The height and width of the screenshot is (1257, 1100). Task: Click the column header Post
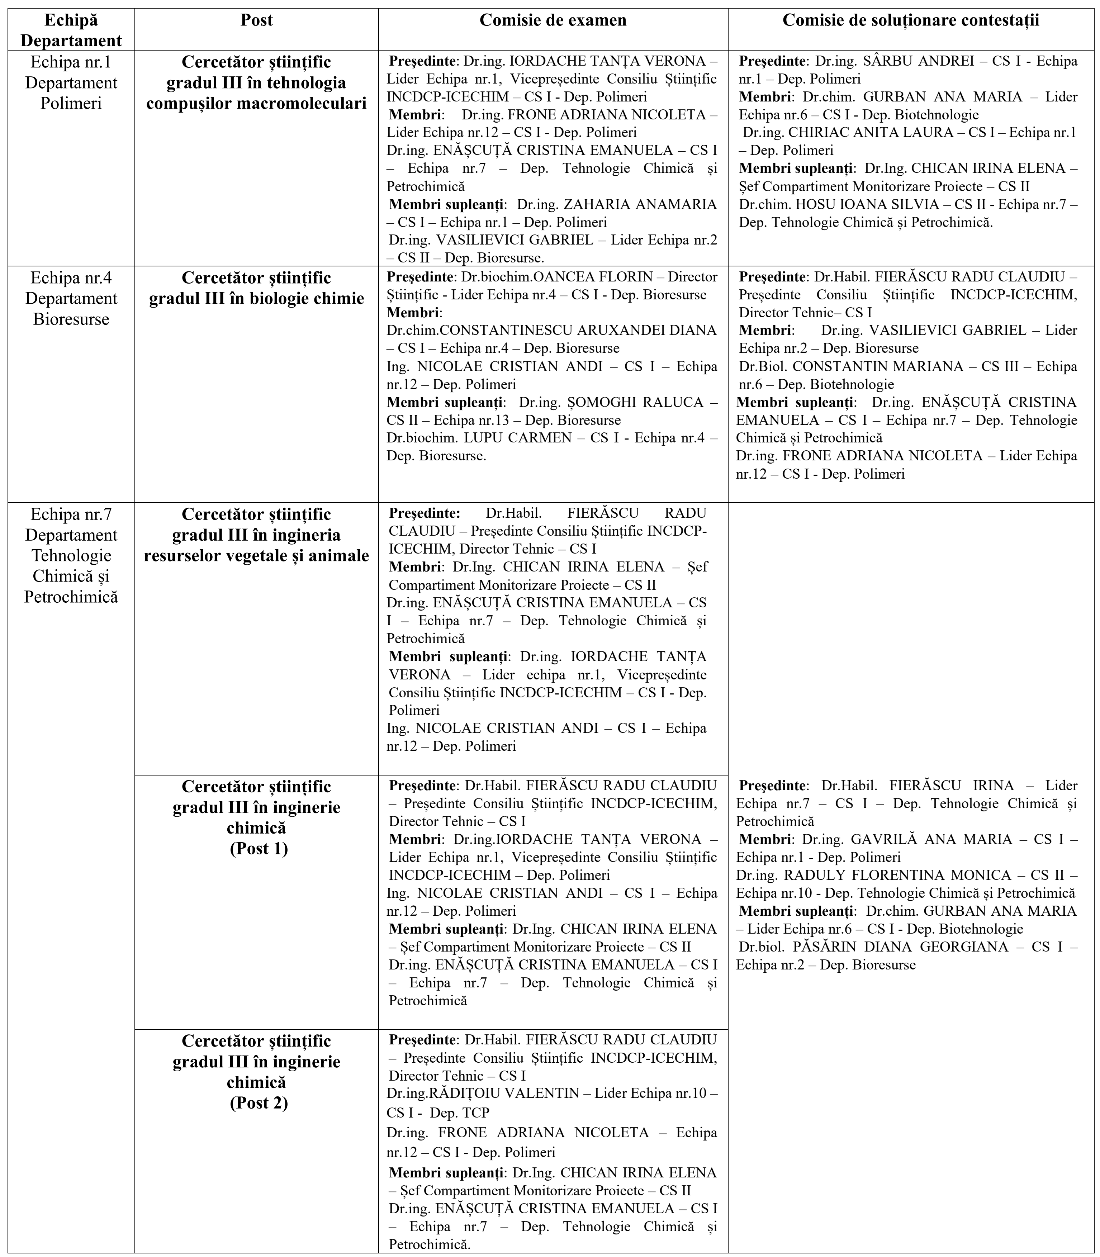click(x=257, y=20)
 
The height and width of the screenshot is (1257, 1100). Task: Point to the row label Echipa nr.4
click(x=71, y=278)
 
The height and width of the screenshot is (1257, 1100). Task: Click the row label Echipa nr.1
click(x=71, y=62)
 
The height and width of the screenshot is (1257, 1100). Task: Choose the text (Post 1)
click(x=259, y=849)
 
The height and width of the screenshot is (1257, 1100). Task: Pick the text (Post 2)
click(x=259, y=1103)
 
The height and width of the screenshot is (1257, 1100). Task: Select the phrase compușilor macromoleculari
click(x=257, y=103)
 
